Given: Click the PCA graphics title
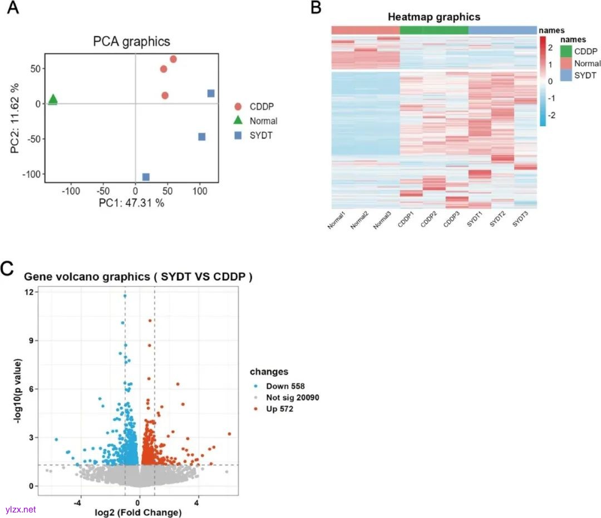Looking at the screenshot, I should tap(131, 41).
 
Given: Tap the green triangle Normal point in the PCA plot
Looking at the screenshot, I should tap(53, 100).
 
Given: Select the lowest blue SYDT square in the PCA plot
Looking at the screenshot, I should tap(146, 177).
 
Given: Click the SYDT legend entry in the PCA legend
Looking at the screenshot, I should tap(260, 136).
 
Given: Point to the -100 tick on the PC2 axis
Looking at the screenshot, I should tap(31, 174).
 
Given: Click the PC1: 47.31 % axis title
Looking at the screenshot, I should tap(131, 203).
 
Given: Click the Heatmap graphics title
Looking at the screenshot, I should tap(434, 17).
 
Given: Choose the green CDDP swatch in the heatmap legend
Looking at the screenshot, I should tap(566, 51).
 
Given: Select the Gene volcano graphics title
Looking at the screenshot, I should tap(138, 277).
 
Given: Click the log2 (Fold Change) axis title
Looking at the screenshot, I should tap(139, 512).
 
